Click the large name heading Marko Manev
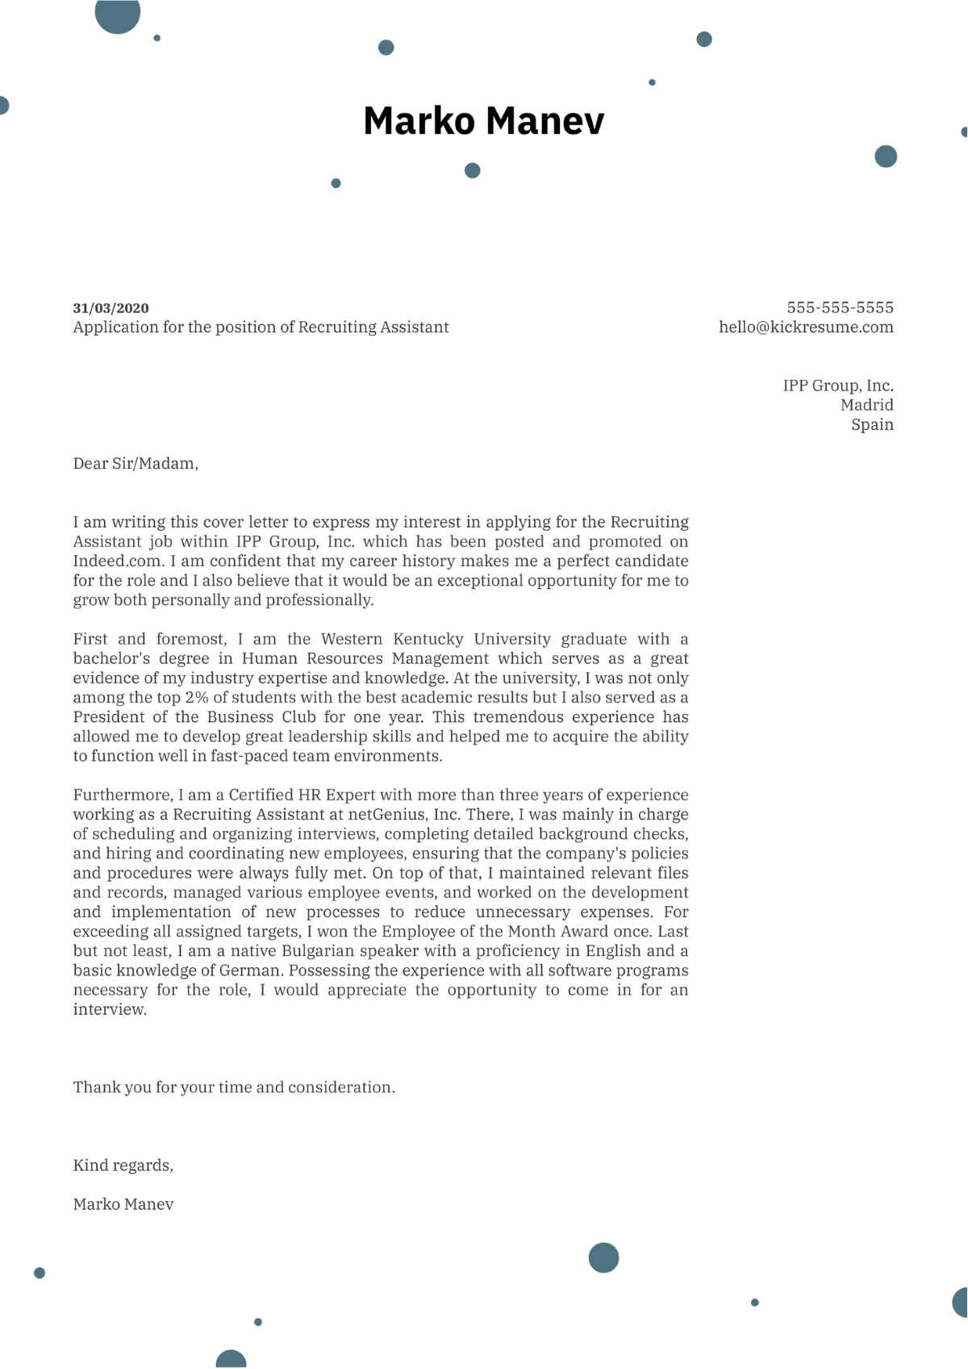(483, 121)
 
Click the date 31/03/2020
(111, 308)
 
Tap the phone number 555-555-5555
(840, 307)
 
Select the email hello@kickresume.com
(806, 328)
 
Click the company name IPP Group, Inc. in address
(837, 386)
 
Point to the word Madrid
(866, 405)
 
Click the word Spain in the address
(872, 425)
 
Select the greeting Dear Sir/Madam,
(136, 464)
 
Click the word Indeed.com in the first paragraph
(117, 561)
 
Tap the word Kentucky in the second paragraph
(428, 639)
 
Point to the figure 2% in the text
(196, 698)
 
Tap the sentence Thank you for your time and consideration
(234, 1087)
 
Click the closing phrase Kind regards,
(123, 1166)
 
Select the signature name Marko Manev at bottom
(123, 1204)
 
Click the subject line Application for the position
(261, 328)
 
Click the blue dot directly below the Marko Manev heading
(473, 170)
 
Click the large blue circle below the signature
(603, 1258)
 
